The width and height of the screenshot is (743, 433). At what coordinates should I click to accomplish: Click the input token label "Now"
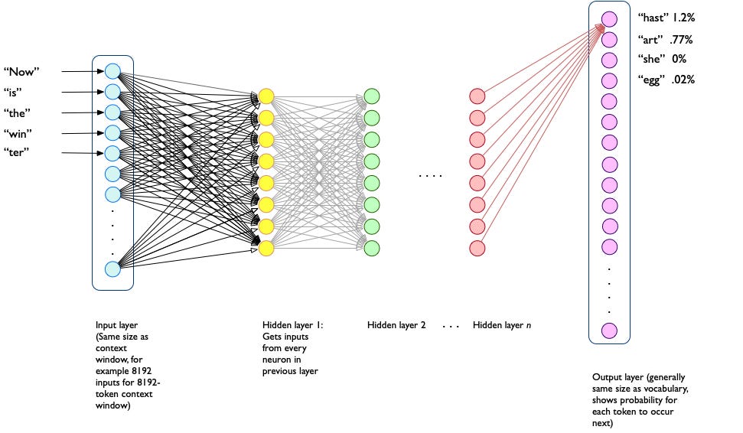[x=21, y=72]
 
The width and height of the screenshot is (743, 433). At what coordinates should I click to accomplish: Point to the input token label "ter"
[x=21, y=153]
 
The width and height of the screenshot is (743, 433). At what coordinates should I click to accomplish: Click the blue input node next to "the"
[x=112, y=112]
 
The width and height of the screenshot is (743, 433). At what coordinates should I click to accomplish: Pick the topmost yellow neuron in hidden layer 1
[x=266, y=96]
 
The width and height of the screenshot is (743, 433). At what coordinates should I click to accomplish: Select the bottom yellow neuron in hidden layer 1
[x=266, y=249]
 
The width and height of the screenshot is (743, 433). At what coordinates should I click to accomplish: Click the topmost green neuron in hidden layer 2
[x=372, y=96]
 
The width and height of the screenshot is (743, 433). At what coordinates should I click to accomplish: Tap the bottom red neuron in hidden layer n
[x=477, y=249]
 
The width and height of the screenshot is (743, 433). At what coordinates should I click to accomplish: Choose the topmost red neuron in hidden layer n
[x=477, y=96]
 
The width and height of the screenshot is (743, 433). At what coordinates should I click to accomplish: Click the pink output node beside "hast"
[x=609, y=19]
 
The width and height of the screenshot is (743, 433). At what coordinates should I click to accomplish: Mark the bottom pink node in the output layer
[x=609, y=330]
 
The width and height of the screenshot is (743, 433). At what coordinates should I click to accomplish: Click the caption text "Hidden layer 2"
[x=396, y=325]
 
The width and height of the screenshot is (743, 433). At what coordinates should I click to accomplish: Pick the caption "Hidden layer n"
[x=502, y=325]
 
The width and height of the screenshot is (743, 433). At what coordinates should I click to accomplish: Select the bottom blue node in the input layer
[x=112, y=269]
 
